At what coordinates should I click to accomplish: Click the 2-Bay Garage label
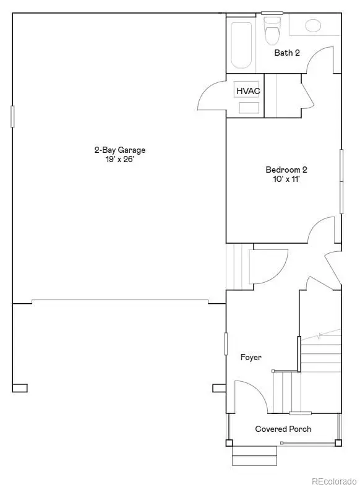119,150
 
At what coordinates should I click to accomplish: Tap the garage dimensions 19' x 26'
119,159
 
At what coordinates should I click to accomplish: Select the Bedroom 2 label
286,170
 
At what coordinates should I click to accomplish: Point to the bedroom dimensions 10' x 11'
286,179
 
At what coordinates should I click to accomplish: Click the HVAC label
248,91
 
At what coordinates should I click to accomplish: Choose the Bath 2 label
287,53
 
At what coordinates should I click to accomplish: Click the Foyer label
251,357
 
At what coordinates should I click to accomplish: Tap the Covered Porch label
283,429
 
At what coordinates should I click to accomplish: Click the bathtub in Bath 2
242,45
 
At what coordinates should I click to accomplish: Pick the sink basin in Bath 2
314,25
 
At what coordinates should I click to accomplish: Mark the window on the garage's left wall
12,116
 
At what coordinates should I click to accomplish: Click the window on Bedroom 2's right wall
341,181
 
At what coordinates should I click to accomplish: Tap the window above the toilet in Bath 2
272,12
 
